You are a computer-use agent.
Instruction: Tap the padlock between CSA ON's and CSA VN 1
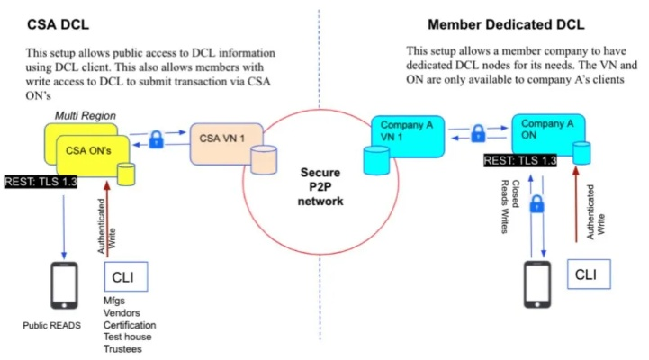(157, 139)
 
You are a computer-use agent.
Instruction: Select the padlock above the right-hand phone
(538, 206)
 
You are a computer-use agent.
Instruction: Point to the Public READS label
(53, 326)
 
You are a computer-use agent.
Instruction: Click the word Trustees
(122, 349)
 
